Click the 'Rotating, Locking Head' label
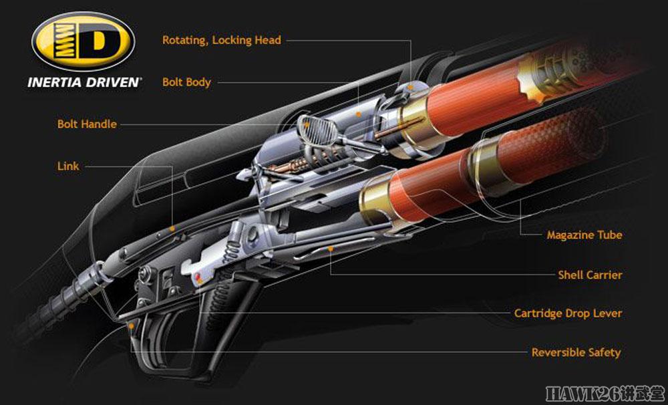coord(222,41)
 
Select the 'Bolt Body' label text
coord(186,82)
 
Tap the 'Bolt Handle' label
coord(87,124)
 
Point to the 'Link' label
coord(68,166)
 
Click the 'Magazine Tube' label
coord(584,235)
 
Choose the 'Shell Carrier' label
coord(590,275)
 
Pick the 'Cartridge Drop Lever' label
coord(568,313)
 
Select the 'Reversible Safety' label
coord(576,353)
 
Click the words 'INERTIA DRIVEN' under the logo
coord(84,82)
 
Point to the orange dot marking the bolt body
coord(359,114)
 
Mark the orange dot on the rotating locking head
coord(410,88)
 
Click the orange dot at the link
coord(172,229)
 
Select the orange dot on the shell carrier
coord(330,249)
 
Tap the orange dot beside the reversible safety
coord(132,326)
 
